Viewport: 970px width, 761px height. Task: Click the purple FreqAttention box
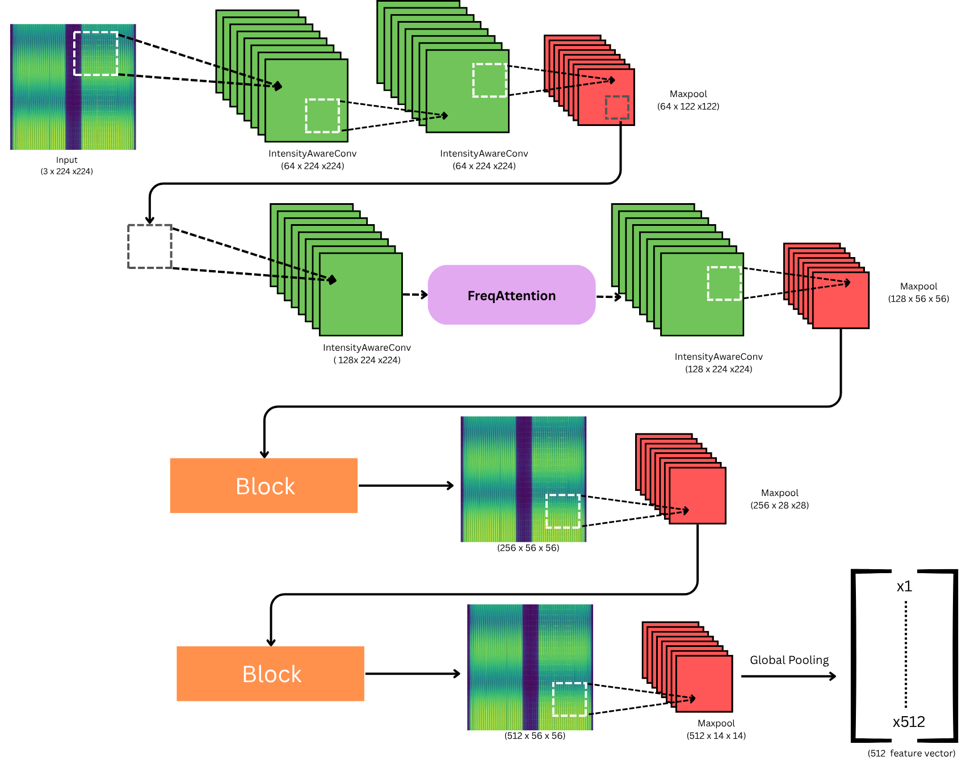tap(511, 295)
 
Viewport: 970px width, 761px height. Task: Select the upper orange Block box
tap(264, 486)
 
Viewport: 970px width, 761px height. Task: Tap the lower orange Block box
tap(270, 674)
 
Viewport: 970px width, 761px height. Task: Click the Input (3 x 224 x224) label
tap(66, 166)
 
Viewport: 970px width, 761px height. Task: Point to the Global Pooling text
tap(789, 660)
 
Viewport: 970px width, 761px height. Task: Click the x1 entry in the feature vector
tap(904, 586)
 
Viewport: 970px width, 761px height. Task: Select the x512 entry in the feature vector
tap(909, 722)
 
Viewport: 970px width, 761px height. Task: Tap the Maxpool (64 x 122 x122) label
tap(688, 100)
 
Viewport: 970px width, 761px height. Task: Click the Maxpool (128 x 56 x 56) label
tap(918, 292)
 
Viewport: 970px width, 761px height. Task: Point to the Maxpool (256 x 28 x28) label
tap(779, 499)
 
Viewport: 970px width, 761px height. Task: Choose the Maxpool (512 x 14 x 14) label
tap(716, 729)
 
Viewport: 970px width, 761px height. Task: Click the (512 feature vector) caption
tap(912, 753)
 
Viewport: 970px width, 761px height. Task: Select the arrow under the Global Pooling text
tap(789, 676)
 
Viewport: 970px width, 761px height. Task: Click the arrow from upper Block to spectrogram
tap(406, 485)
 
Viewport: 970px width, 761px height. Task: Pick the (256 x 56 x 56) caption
tap(528, 548)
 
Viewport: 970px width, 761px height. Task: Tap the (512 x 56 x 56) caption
tap(535, 735)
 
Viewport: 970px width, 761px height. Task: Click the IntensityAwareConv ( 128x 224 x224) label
tap(367, 354)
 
